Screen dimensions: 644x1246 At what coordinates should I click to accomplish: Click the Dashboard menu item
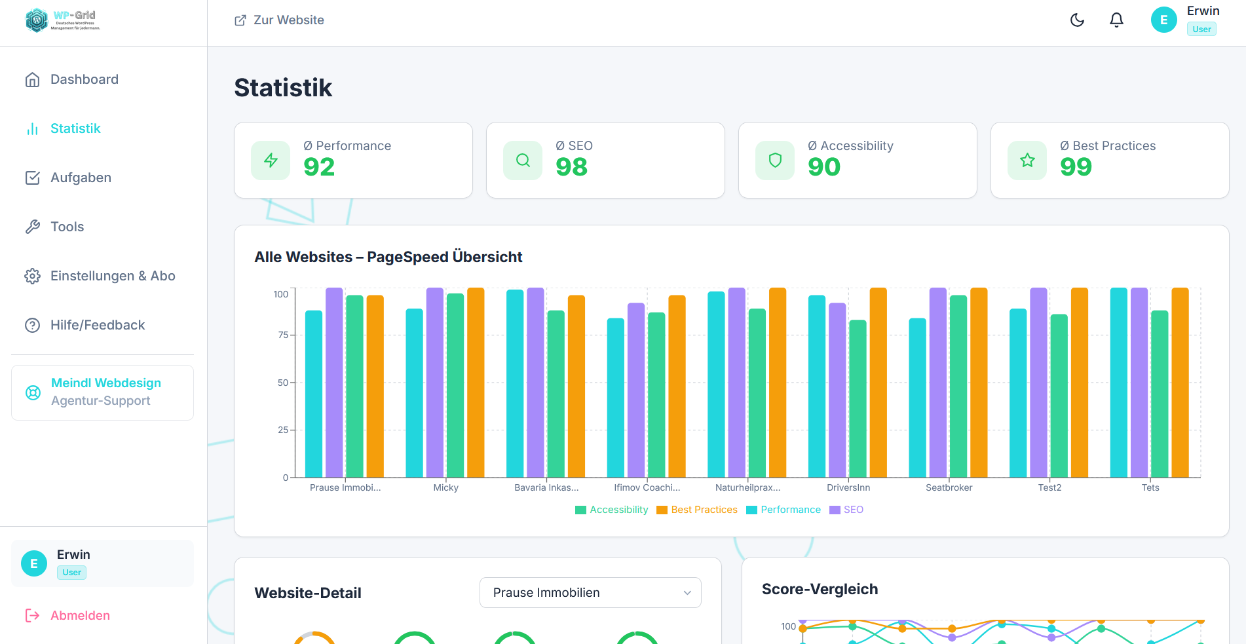[84, 79]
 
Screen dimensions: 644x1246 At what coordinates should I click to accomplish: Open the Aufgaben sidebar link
[81, 178]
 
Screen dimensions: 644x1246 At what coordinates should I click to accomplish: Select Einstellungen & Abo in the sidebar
[113, 276]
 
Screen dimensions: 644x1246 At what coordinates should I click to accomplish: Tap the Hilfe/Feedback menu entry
[98, 325]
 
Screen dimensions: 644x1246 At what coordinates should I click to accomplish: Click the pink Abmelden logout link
[79, 615]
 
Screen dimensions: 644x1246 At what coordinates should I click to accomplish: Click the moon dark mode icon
[1077, 20]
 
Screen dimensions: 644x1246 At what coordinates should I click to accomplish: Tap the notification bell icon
[1116, 20]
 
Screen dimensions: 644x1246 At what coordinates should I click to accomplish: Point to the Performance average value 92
[319, 167]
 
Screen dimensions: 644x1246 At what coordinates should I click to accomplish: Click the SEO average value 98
[571, 167]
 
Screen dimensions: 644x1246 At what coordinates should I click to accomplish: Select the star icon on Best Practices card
[1027, 161]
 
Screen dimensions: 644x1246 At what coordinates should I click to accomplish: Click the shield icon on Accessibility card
[775, 161]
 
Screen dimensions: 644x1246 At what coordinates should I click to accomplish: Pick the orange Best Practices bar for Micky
[476, 383]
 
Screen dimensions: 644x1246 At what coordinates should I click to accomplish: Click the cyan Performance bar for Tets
[1119, 383]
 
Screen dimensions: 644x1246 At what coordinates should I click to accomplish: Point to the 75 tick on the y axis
[283, 335]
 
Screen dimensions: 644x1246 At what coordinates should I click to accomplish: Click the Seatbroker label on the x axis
[949, 487]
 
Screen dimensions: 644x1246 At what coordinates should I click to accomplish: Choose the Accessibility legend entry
[612, 510]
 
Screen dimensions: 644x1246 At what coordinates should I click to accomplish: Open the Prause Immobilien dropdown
[590, 592]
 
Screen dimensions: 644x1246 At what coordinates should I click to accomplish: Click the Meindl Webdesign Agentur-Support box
[102, 392]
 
